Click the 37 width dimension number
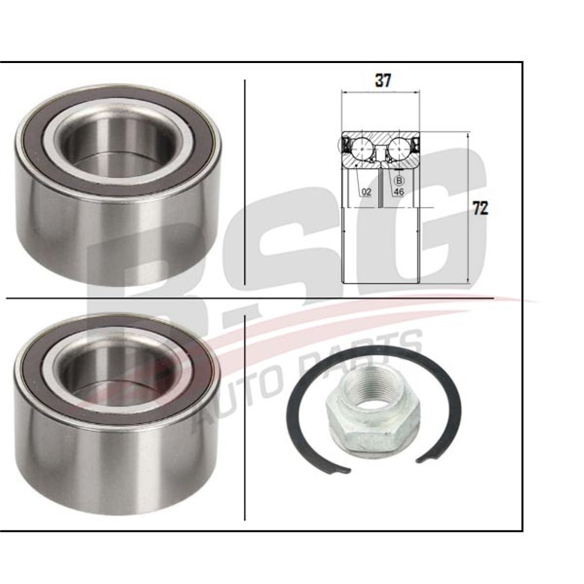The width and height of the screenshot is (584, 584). coord(383,81)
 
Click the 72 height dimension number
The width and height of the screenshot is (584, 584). coord(480,209)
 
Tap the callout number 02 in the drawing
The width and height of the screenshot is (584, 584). coord(366,192)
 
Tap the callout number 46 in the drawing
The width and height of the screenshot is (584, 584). coord(399,192)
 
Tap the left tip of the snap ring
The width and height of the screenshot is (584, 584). coord(346,472)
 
